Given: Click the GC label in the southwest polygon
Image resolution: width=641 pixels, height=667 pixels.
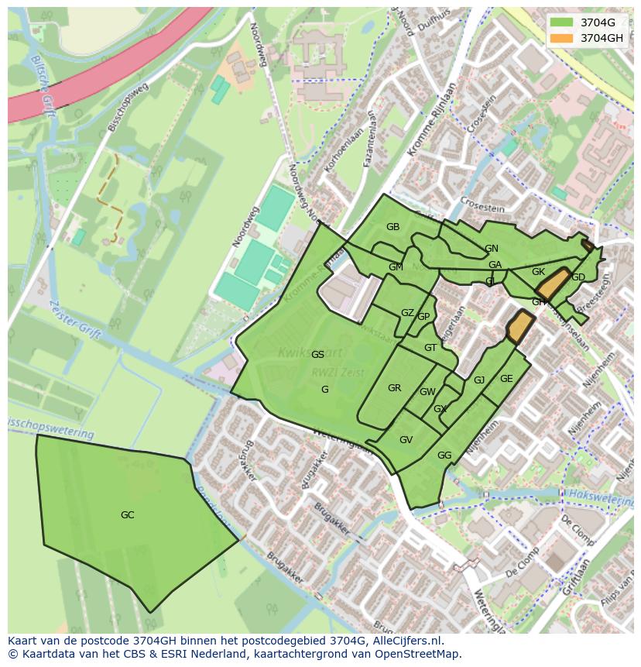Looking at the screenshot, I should click(x=128, y=515).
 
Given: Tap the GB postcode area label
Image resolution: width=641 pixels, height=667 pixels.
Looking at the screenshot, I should click(x=392, y=227).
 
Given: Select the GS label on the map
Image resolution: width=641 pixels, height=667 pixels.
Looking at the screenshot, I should click(x=317, y=355).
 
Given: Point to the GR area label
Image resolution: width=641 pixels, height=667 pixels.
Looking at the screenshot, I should click(x=394, y=388).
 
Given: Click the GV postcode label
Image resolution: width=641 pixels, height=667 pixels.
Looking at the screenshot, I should click(x=406, y=440).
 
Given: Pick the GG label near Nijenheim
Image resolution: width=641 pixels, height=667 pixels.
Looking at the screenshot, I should click(x=444, y=456).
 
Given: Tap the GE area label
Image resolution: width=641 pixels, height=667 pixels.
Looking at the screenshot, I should click(x=506, y=379).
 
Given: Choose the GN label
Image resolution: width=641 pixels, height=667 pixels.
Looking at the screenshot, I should click(x=492, y=249).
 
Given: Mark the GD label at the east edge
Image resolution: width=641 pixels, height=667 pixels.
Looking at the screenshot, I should click(x=578, y=277).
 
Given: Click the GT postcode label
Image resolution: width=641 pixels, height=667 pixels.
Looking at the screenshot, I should click(x=430, y=348).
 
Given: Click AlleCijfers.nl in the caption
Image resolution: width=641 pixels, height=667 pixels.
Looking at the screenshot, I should click(x=403, y=641).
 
